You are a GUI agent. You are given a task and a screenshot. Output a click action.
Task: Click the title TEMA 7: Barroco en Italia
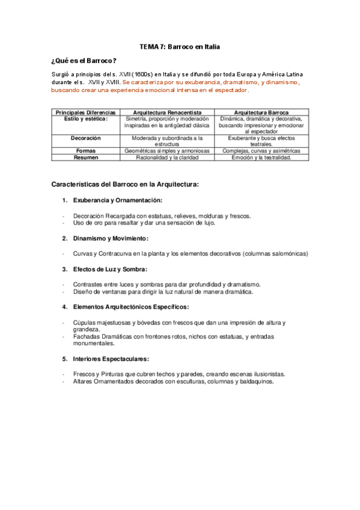click(x=180, y=46)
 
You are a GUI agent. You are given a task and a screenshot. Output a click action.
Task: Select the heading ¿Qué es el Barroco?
click(x=84, y=60)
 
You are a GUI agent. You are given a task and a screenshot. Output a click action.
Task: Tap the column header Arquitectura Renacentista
click(x=166, y=112)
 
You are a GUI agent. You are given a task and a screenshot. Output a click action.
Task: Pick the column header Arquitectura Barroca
click(x=261, y=112)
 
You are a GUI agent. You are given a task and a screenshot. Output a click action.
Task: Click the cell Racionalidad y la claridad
click(x=166, y=158)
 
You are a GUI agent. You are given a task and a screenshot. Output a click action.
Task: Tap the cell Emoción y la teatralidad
click(x=261, y=158)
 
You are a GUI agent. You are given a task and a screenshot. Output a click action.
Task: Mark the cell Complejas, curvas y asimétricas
click(x=261, y=151)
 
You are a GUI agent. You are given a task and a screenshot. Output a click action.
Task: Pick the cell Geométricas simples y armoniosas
click(x=166, y=151)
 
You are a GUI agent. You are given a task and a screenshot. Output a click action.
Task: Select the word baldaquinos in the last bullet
click(x=256, y=381)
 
